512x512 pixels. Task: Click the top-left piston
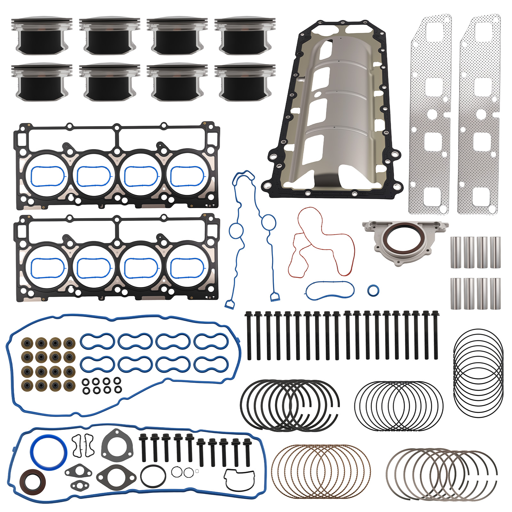click(42, 36)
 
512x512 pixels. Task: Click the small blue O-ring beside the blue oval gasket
click(373, 291)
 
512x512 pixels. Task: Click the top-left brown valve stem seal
click(27, 343)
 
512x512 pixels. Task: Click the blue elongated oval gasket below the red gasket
click(330, 291)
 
